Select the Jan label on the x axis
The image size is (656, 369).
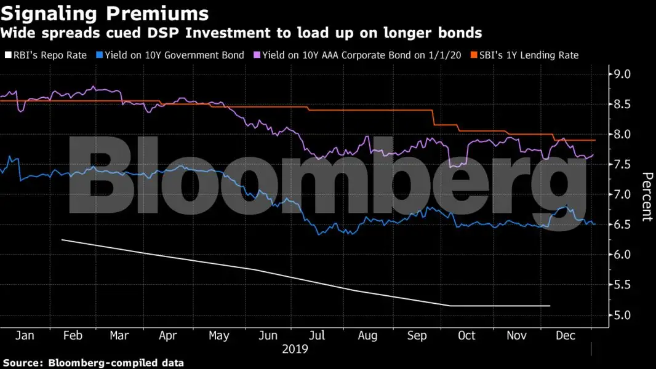click(25, 336)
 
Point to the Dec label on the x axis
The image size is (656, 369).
click(566, 336)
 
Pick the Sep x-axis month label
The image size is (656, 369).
click(417, 336)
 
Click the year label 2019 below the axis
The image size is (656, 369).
click(295, 349)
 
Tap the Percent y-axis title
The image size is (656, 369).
click(647, 197)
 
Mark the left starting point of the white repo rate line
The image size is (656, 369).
click(62, 239)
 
